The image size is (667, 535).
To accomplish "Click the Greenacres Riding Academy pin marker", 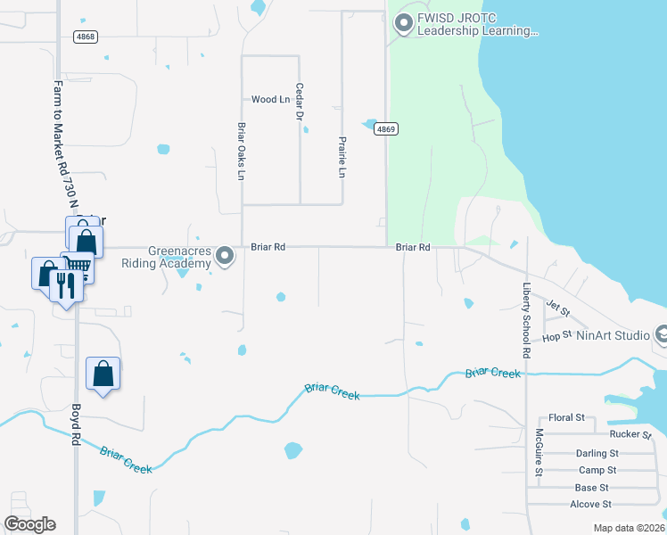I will [x=226, y=257].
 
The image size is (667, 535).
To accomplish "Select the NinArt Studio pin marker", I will [x=661, y=335].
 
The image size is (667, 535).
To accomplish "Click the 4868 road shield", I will [x=86, y=37].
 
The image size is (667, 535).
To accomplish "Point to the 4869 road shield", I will [x=385, y=129].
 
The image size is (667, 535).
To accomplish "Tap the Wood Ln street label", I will [x=270, y=100].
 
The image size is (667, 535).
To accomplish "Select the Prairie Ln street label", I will [x=342, y=157].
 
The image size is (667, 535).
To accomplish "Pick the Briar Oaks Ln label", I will [x=241, y=152].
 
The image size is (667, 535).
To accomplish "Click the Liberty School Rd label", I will [x=526, y=323].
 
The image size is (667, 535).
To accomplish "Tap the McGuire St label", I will [x=539, y=454].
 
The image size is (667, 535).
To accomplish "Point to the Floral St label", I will [x=566, y=417].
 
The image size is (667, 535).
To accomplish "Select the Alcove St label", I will [x=589, y=505].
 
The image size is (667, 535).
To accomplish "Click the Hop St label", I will [x=556, y=337].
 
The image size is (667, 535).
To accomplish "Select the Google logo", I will [x=30, y=523].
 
